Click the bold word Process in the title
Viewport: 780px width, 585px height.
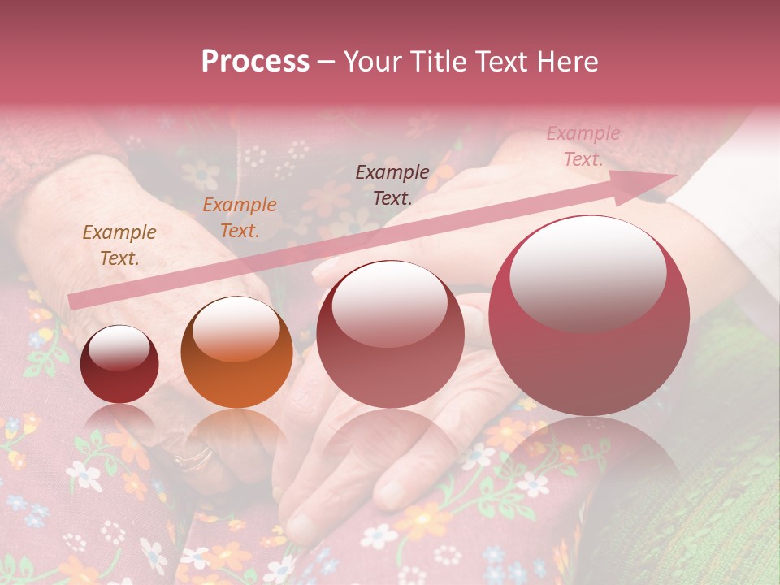pyautogui.click(x=255, y=62)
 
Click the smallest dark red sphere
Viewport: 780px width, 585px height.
pyautogui.click(x=119, y=364)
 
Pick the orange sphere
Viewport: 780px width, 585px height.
pyautogui.click(x=236, y=352)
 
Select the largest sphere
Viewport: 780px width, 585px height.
pyautogui.click(x=589, y=315)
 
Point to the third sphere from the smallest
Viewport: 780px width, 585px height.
pyautogui.click(x=390, y=334)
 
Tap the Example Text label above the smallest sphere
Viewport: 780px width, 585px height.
pyautogui.click(x=119, y=245)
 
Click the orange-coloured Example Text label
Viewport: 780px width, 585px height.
pyautogui.click(x=240, y=218)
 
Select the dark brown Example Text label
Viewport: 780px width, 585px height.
pyautogui.click(x=392, y=184)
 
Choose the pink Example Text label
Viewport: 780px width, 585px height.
pyautogui.click(x=583, y=146)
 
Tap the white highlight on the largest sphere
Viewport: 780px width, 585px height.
pyautogui.click(x=587, y=273)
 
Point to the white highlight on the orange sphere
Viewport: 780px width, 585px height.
pyautogui.click(x=236, y=330)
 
